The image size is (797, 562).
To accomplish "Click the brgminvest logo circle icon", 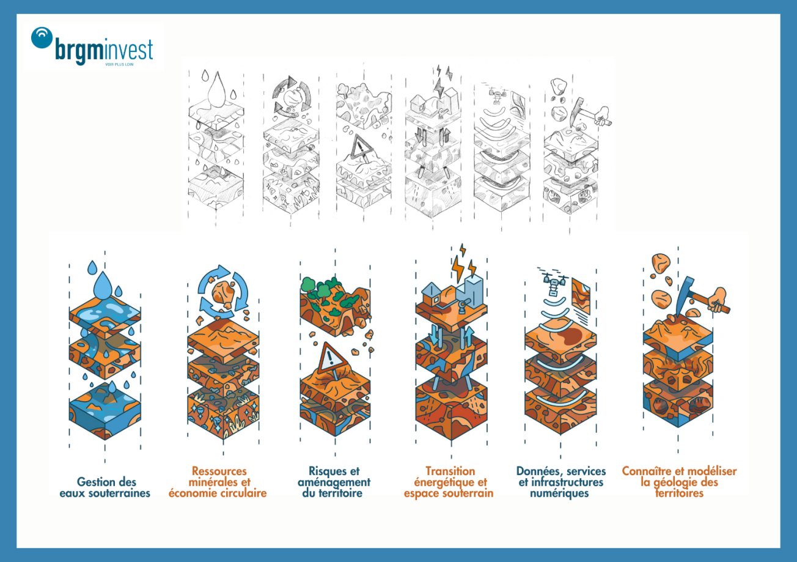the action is pyautogui.click(x=42, y=37).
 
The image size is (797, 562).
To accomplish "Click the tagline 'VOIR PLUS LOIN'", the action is pyautogui.click(x=119, y=64).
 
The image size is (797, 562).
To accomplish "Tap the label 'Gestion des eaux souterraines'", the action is pyautogui.click(x=105, y=487).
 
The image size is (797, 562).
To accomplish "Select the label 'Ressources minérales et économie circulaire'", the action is pyautogui.click(x=218, y=482).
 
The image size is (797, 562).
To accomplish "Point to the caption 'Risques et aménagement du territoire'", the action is pyautogui.click(x=334, y=482).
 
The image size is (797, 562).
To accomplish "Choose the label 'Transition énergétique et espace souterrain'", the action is pyautogui.click(x=449, y=482).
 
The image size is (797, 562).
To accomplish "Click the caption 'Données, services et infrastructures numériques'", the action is pyautogui.click(x=560, y=482).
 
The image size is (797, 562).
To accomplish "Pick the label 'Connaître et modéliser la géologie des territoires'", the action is pyautogui.click(x=679, y=482).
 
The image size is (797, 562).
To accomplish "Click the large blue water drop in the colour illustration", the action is pyautogui.click(x=103, y=286).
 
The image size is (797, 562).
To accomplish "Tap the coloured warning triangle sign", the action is pyautogui.click(x=331, y=358).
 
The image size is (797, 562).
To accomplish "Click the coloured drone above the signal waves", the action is pyautogui.click(x=553, y=284).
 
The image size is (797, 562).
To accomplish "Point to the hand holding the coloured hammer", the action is pyautogui.click(x=718, y=300).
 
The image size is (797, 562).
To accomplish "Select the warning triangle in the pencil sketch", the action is pyautogui.click(x=361, y=147).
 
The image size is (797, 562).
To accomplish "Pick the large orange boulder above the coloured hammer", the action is pyautogui.click(x=661, y=263).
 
